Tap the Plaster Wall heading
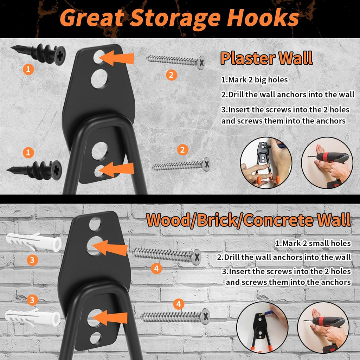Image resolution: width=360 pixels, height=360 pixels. pyautogui.click(x=266, y=58)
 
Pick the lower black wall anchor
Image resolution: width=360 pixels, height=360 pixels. pyautogui.click(x=35, y=170)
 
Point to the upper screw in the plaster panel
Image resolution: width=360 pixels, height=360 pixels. pyautogui.click(x=176, y=61)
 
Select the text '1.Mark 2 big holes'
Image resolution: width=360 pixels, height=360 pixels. pyautogui.click(x=254, y=80)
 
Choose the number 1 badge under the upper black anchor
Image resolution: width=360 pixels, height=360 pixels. pyautogui.click(x=28, y=69)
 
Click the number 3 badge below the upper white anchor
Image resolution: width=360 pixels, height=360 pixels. pyautogui.click(x=32, y=260)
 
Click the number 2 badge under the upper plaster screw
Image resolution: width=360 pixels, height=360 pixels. pyautogui.click(x=171, y=75)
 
